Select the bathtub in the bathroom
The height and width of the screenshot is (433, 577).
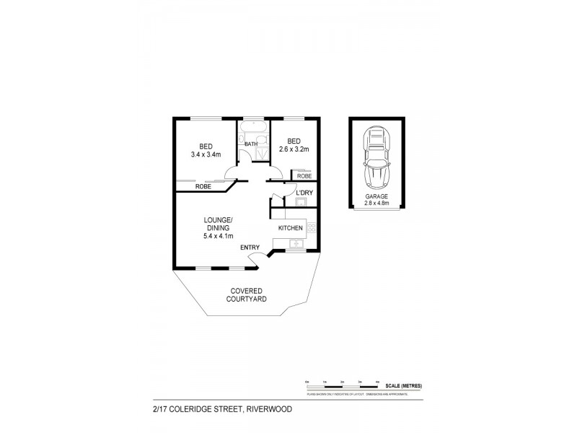[x=253, y=131]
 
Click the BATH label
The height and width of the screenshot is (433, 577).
[x=251, y=144]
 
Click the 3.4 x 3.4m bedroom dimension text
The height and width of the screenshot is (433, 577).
[x=206, y=154]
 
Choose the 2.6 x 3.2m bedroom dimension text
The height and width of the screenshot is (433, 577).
[x=294, y=149]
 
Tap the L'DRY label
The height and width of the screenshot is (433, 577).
[x=304, y=192]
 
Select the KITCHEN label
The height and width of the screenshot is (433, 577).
[x=291, y=228]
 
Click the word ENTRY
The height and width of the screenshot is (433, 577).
[x=250, y=248]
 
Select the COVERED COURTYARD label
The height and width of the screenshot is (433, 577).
[x=247, y=294]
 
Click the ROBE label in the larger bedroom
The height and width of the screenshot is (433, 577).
[x=203, y=186]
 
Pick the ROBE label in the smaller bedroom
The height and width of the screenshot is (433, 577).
[x=304, y=175]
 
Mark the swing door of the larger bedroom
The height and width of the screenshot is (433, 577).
[x=232, y=171]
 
